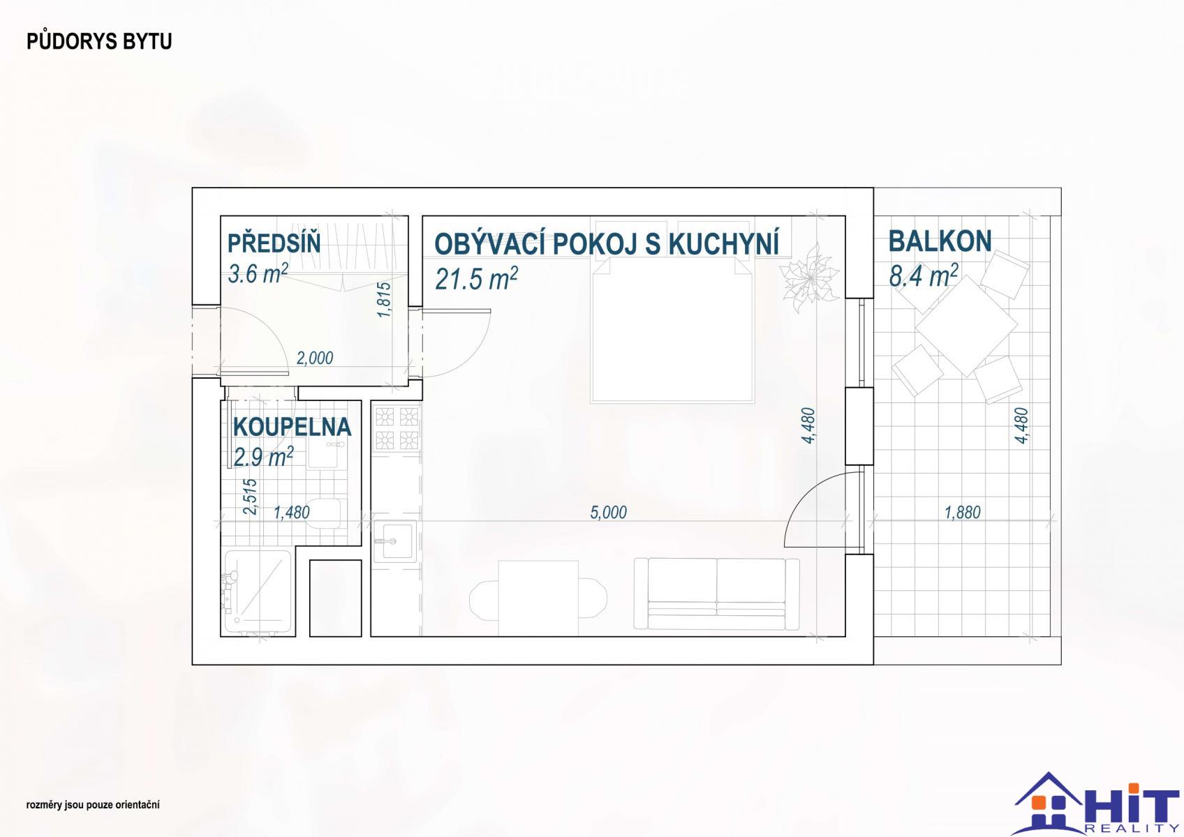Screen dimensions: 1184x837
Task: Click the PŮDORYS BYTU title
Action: tap(99, 41)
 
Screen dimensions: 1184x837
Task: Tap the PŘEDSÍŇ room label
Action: tap(274, 243)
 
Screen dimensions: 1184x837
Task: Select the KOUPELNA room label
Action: tap(293, 427)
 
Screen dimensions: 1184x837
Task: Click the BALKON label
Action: tap(940, 241)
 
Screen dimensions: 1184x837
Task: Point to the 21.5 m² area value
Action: tap(476, 278)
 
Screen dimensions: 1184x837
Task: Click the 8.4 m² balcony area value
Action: tap(924, 276)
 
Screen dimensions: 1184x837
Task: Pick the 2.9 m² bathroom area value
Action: tap(263, 456)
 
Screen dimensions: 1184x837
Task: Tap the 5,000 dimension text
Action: tap(608, 512)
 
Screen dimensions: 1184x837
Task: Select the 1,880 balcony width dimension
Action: tap(963, 512)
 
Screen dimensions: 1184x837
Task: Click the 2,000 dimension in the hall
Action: tap(314, 358)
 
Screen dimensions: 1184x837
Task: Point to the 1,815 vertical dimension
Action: tap(384, 299)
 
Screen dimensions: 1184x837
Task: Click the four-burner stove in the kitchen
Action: tap(397, 428)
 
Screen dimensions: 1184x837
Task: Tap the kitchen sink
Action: tap(395, 541)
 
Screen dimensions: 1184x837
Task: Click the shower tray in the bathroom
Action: tap(258, 591)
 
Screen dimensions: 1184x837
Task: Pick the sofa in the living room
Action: tap(717, 594)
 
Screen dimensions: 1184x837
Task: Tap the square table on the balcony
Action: tap(966, 325)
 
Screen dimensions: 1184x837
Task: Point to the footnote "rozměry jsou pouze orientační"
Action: tap(92, 805)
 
